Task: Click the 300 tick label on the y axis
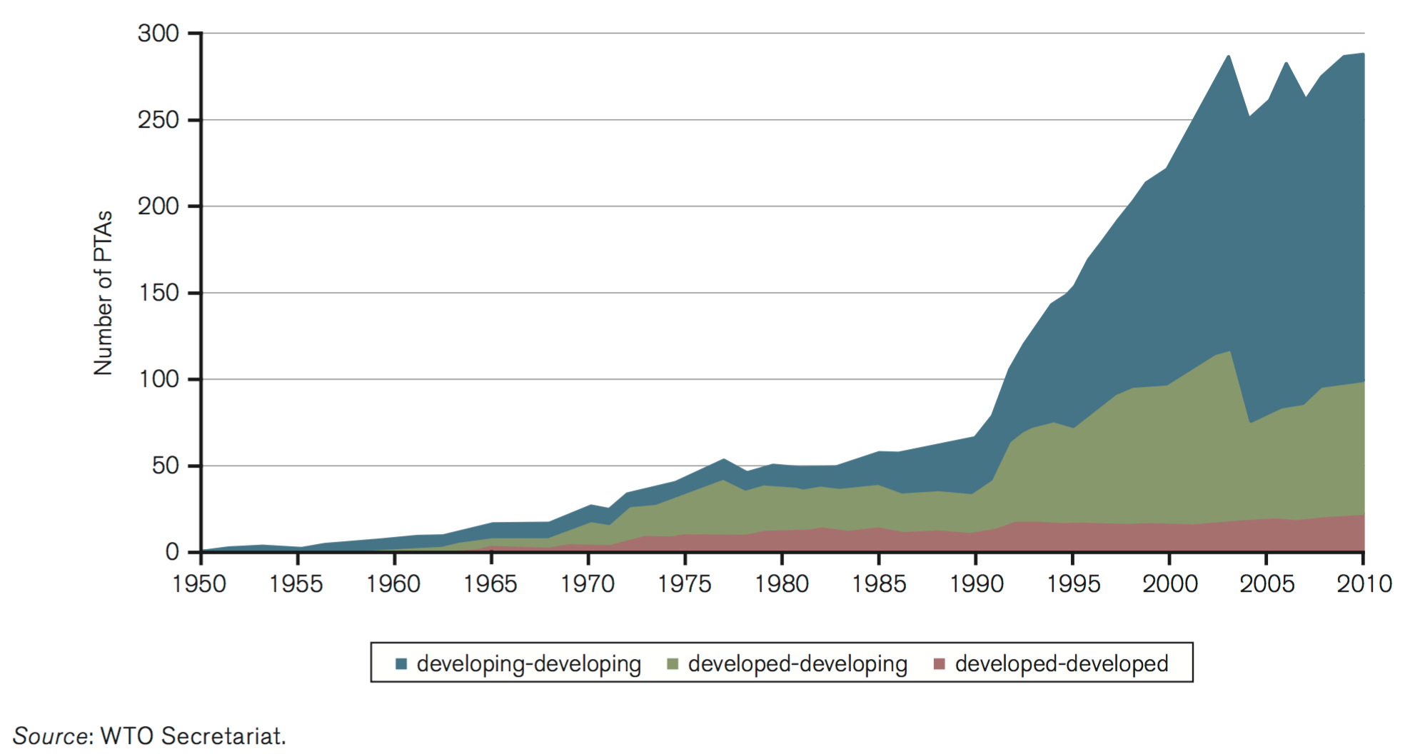tap(158, 34)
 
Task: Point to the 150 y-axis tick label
tap(158, 293)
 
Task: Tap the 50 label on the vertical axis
tap(165, 466)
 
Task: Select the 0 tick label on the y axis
tap(172, 552)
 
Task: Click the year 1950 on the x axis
tap(199, 584)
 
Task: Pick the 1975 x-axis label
tap(684, 584)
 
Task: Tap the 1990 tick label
tap(976, 584)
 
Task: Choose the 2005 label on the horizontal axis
tap(1267, 584)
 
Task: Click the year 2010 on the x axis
tap(1364, 584)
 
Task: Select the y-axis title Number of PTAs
tap(104, 293)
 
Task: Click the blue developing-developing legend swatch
tap(401, 664)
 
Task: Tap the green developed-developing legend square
tap(672, 664)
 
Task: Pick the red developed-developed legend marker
tap(939, 664)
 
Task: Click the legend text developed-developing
tap(797, 664)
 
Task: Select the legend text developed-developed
tap(1062, 664)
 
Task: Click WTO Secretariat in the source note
tap(193, 735)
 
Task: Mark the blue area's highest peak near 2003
tap(1228, 56)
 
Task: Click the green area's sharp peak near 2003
tap(1229, 352)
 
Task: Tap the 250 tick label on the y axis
tap(158, 120)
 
